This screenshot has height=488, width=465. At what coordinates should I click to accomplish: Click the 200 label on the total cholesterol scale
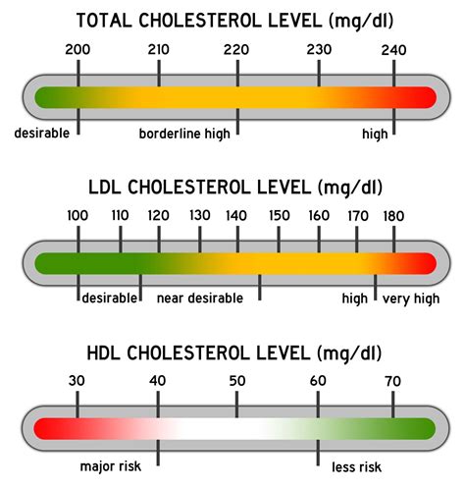pyautogui.click(x=77, y=50)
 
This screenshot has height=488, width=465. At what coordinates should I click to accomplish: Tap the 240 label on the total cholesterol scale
pyautogui.click(x=393, y=50)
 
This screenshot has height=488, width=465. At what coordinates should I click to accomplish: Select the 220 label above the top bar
pyautogui.click(x=236, y=50)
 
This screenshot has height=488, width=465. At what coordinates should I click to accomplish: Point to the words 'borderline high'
pyautogui.click(x=184, y=134)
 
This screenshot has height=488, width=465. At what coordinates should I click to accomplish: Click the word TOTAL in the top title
pyautogui.click(x=104, y=21)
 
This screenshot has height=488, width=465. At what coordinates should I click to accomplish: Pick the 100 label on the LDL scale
pyautogui.click(x=77, y=216)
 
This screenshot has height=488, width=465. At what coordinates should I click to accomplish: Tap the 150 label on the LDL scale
pyautogui.click(x=280, y=216)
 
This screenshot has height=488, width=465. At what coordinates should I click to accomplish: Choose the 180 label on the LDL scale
pyautogui.click(x=393, y=216)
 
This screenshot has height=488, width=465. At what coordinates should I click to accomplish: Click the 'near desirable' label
pyautogui.click(x=200, y=298)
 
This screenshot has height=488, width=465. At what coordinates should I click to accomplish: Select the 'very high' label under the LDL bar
pyautogui.click(x=411, y=299)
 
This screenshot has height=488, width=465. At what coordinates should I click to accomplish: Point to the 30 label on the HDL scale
pyautogui.click(x=77, y=381)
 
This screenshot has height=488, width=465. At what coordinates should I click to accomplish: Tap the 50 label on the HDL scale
pyautogui.click(x=237, y=381)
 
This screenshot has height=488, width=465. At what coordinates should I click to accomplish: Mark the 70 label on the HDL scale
pyautogui.click(x=392, y=381)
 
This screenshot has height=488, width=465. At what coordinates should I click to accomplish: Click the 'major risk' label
pyautogui.click(x=111, y=466)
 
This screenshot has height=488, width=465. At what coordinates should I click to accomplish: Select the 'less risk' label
pyautogui.click(x=356, y=467)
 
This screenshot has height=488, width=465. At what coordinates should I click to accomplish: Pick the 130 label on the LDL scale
pyautogui.click(x=200, y=215)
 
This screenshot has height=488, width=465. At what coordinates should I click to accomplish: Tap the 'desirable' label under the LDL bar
pyautogui.click(x=110, y=298)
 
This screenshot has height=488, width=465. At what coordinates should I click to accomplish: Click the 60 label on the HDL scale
pyautogui.click(x=318, y=381)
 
